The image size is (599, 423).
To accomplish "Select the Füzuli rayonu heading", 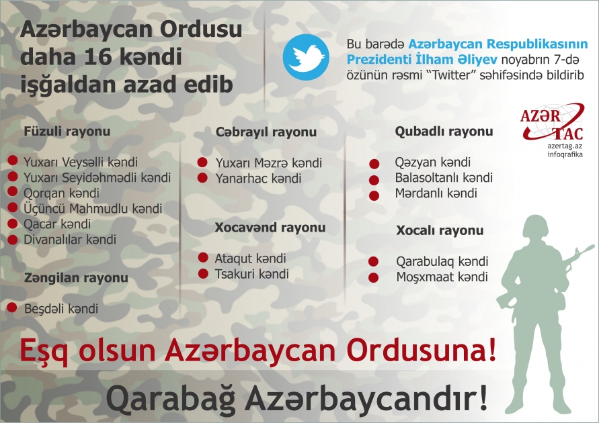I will [67, 132].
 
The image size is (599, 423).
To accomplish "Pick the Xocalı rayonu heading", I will [440, 231].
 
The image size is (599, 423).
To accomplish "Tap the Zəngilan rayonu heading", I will [76, 277].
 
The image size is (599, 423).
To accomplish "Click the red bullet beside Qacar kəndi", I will [13, 224].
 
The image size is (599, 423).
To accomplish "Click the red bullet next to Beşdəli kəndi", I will [12, 308].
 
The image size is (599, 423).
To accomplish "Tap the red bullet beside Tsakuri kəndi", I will [202, 273].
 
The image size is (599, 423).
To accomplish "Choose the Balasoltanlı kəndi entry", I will [444, 178].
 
